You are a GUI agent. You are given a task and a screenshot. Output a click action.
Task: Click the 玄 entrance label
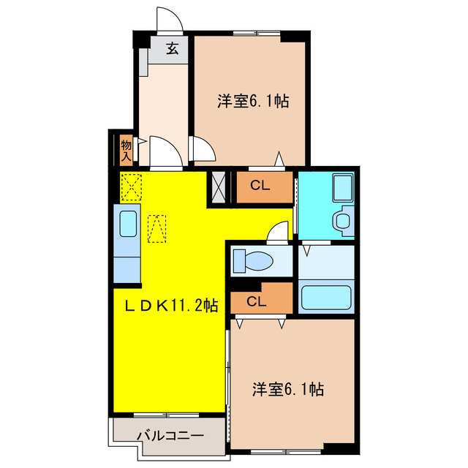click(x=173, y=49)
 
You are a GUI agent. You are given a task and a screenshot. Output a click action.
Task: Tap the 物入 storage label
click(x=126, y=150)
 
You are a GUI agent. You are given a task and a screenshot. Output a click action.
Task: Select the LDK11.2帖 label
click(x=169, y=305)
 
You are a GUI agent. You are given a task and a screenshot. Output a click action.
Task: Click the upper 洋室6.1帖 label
click(x=252, y=102)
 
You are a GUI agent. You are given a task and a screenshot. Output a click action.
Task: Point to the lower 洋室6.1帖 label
click(x=289, y=389)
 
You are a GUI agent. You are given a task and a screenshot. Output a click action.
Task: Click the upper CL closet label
click(x=261, y=185)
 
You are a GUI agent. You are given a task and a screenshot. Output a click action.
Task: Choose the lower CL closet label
click(x=256, y=301)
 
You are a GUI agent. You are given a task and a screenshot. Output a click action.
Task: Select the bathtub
click(x=326, y=298)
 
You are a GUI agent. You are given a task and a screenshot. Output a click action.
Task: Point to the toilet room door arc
click(x=278, y=233)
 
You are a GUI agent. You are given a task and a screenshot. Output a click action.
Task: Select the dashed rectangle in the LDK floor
click(x=156, y=228)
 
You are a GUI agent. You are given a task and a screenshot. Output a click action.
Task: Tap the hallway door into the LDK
click(x=165, y=154)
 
